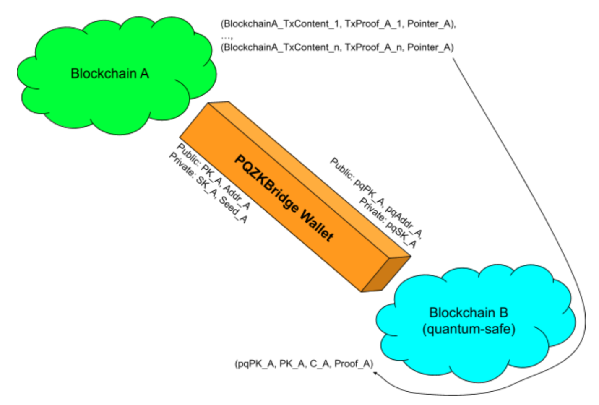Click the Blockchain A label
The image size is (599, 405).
click(110, 74)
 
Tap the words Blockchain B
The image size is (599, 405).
click(469, 313)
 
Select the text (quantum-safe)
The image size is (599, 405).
click(469, 329)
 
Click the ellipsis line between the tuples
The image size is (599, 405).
click(227, 37)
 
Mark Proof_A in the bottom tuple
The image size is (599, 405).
click(352, 364)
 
